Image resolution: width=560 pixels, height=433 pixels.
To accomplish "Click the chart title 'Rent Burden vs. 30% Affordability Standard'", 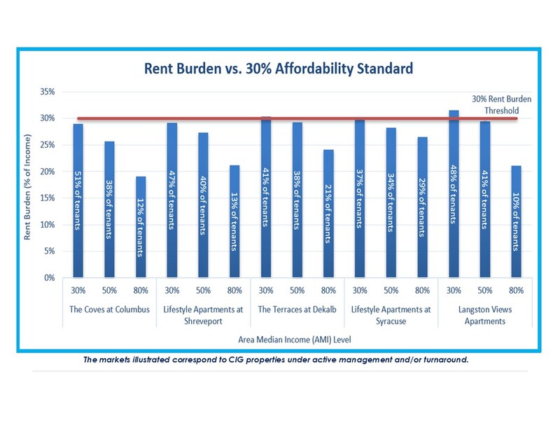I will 279,69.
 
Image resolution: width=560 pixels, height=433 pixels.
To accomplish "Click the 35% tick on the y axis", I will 50,92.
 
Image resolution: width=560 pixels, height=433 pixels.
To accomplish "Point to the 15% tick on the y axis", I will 50,198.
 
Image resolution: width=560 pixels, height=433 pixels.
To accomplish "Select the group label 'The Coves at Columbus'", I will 109,310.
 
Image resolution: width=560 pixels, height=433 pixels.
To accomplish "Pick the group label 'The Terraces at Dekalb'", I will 297,310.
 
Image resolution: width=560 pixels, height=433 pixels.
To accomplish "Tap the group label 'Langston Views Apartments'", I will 484,315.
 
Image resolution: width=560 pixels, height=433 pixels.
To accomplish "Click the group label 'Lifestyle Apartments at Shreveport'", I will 203,315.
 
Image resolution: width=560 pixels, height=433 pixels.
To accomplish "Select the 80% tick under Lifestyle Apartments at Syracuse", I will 421,291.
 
